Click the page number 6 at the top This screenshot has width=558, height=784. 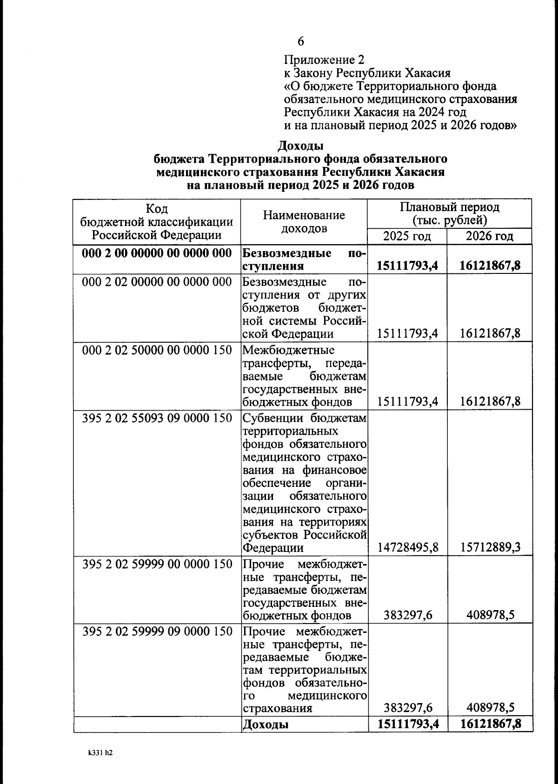300,42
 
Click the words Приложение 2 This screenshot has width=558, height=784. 324,60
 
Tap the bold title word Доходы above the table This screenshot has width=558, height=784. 300,146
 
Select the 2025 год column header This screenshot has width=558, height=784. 407,236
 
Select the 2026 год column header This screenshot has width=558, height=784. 489,236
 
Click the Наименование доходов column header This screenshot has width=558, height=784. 304,222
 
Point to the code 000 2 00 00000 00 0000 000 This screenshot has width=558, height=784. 157,253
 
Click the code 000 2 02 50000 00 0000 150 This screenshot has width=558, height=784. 157,350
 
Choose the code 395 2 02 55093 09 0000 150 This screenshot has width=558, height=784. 157,418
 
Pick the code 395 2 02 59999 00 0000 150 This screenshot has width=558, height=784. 157,564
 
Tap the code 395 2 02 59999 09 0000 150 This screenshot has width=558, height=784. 157,631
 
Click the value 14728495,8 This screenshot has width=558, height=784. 408,547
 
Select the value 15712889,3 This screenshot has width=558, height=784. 490,547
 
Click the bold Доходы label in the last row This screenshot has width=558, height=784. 266,724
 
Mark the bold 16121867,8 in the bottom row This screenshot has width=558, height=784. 490,724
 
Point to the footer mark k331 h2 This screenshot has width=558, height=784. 100,752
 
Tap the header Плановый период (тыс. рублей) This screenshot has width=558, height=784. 449,213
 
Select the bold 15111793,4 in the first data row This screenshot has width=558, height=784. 408,266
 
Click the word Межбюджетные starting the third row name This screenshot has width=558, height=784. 288,350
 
